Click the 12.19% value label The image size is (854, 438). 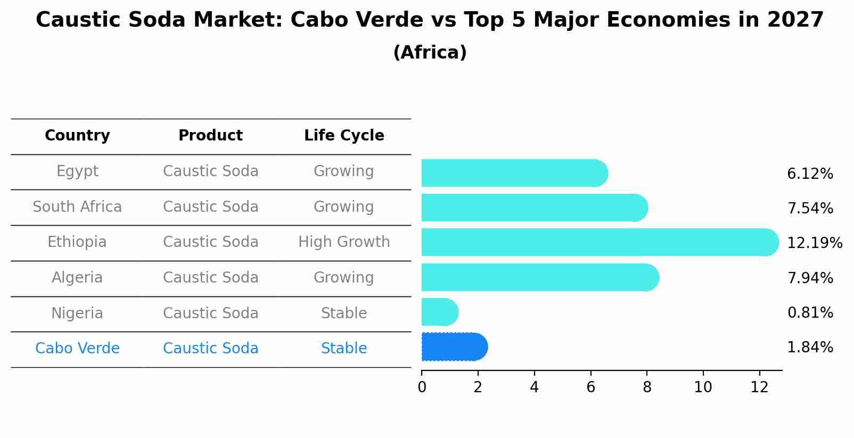[x=814, y=243]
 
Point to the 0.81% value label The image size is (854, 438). [x=810, y=313]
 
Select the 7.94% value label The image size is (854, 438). [x=810, y=278]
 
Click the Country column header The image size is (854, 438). [x=77, y=136]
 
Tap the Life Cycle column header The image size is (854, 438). [x=344, y=136]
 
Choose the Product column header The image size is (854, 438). [x=210, y=136]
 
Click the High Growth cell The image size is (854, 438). [x=344, y=242]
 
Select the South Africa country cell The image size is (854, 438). [x=77, y=206]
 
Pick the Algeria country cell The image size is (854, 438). [x=77, y=278]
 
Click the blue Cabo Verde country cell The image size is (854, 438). [x=77, y=349]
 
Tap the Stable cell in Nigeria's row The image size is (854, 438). [x=344, y=313]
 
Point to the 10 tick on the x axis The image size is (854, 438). [x=703, y=387]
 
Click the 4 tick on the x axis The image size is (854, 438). [x=534, y=387]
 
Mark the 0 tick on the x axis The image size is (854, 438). [x=422, y=387]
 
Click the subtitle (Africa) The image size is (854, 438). [x=430, y=53]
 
